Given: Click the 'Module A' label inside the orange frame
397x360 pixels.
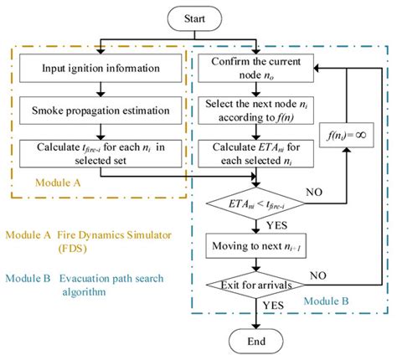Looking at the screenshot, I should [x=59, y=181].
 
